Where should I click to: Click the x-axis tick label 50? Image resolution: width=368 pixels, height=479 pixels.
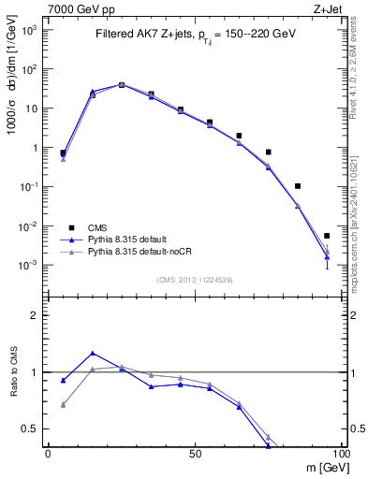click(x=195, y=454)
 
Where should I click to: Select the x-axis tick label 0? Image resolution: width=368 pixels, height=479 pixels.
click(x=48, y=454)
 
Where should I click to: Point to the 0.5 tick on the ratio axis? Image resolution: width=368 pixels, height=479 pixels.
click(x=32, y=428)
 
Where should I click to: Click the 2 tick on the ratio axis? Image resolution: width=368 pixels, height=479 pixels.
click(x=36, y=315)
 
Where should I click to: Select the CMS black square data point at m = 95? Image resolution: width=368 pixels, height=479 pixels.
click(x=327, y=236)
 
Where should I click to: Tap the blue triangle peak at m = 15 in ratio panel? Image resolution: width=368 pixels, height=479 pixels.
click(x=92, y=354)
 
